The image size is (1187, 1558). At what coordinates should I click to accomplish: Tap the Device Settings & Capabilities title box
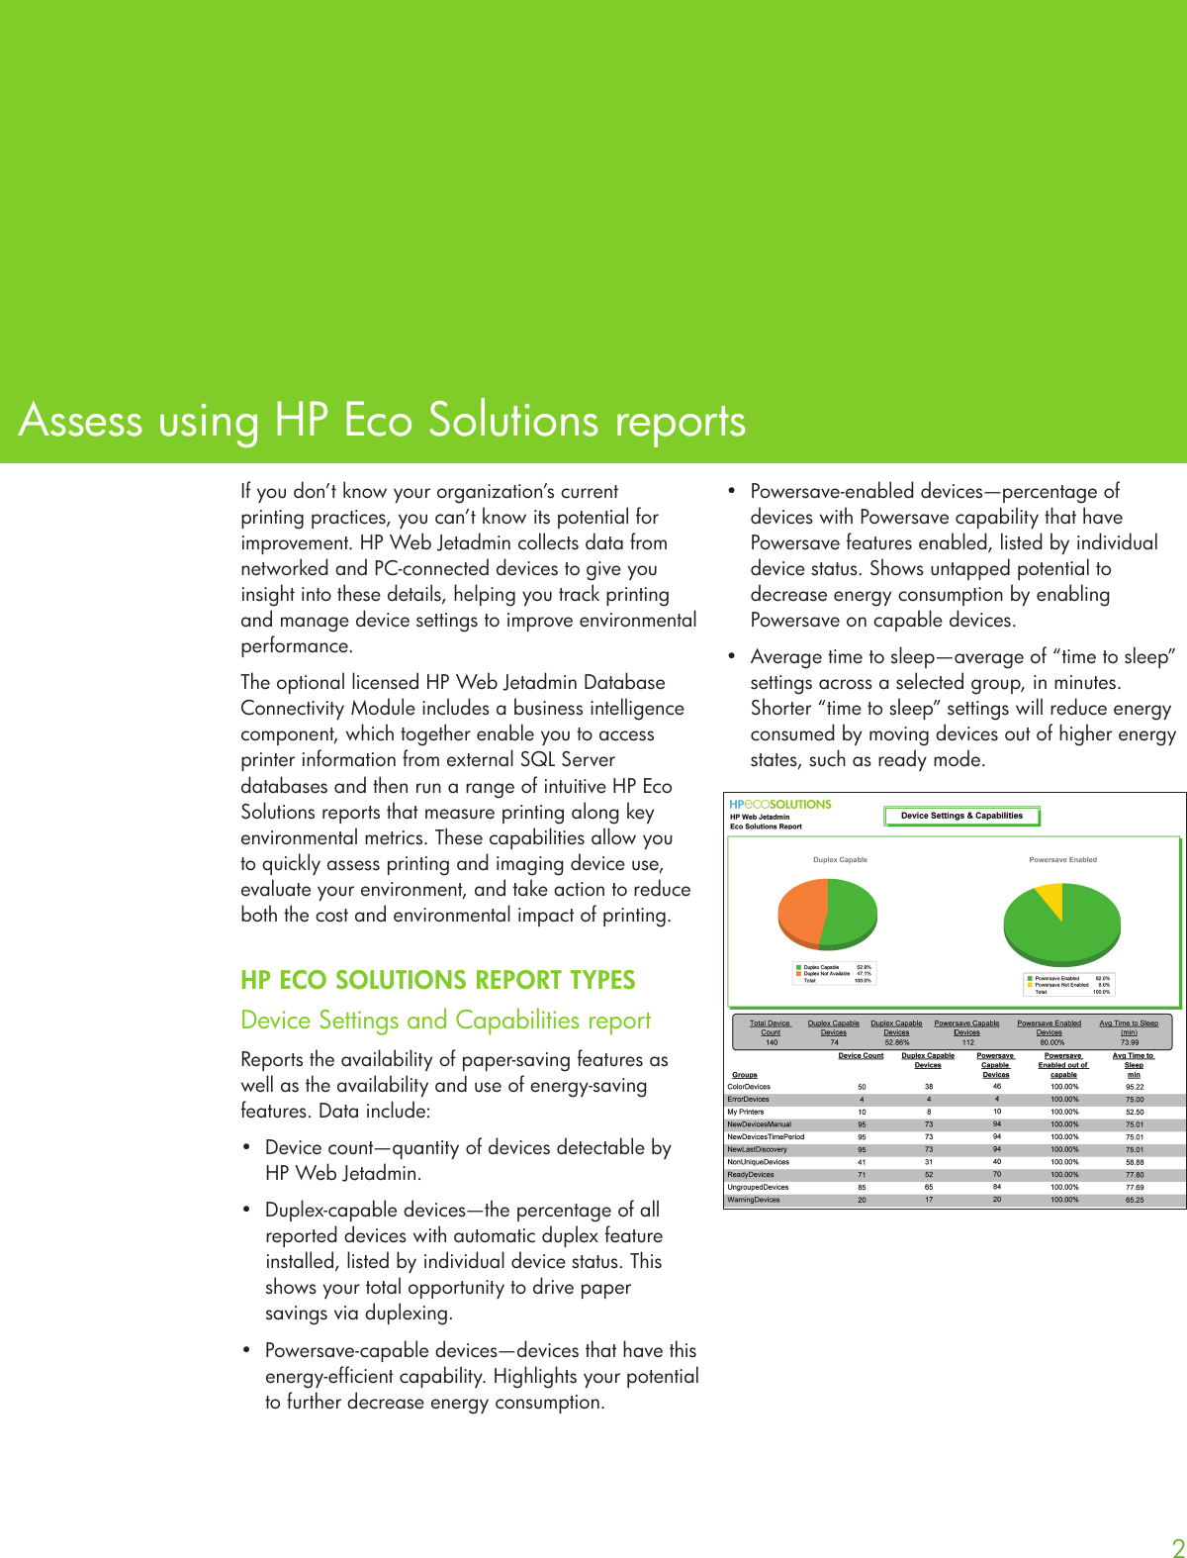click(961, 817)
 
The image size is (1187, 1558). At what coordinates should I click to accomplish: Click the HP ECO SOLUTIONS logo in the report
click(779, 805)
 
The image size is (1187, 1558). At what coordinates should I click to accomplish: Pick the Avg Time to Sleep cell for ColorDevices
click(1134, 1087)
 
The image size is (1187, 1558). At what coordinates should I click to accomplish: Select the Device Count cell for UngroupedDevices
click(862, 1187)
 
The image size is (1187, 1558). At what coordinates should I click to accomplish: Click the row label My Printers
click(746, 1112)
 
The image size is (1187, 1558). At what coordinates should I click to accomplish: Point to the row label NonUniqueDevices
click(758, 1162)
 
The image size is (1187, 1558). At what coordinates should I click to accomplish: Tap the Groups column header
click(745, 1075)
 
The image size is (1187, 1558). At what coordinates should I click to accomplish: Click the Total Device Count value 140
click(771, 1042)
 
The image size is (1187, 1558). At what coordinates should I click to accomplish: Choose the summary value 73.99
click(1129, 1042)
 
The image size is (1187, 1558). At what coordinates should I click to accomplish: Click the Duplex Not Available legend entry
click(826, 974)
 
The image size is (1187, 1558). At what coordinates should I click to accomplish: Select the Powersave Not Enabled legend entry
click(1060, 985)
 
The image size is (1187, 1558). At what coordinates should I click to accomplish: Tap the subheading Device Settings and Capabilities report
click(445, 1021)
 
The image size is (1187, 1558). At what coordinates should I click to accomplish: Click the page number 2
click(1177, 1548)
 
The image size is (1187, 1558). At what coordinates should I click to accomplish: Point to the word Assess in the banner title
click(80, 421)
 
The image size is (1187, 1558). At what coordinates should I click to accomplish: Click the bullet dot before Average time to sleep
click(732, 656)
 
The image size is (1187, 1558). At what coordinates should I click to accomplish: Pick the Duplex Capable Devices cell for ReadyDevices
click(929, 1175)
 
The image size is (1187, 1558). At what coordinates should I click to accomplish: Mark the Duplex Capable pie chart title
click(840, 860)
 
